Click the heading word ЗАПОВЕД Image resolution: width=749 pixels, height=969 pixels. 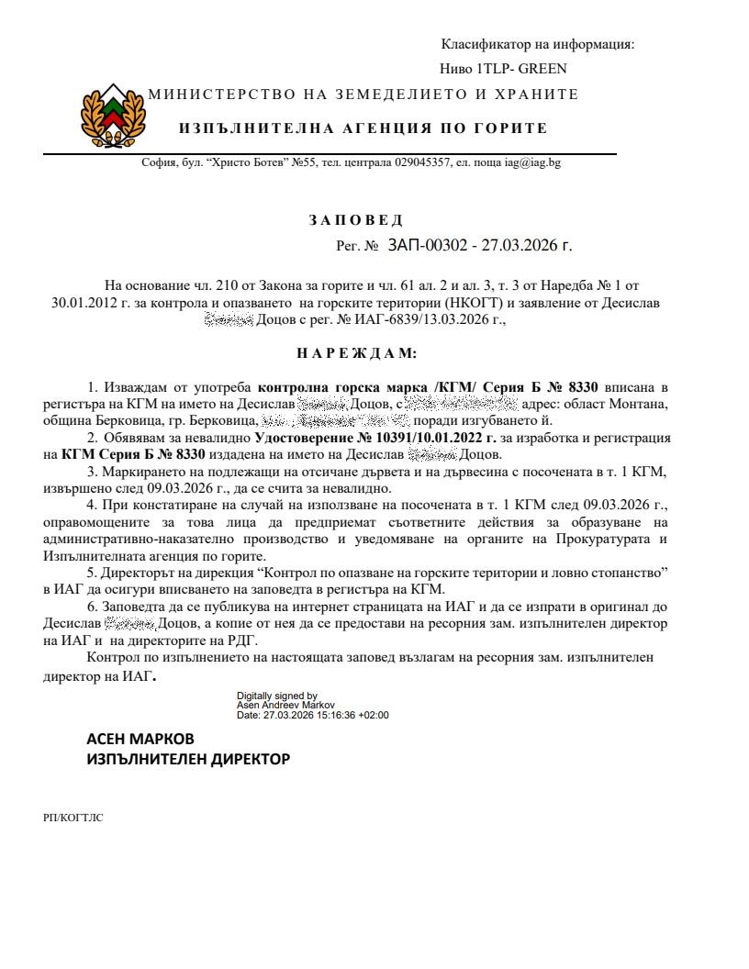(x=355, y=220)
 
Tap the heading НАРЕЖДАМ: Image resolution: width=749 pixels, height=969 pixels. (x=356, y=352)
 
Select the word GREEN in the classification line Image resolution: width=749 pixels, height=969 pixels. (x=544, y=68)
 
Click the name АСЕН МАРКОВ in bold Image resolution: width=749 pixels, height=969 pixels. (x=140, y=739)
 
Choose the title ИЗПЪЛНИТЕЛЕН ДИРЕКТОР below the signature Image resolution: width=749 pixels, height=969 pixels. (x=187, y=760)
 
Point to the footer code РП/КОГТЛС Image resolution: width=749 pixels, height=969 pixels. (x=73, y=817)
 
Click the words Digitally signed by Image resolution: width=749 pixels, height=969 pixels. (x=277, y=696)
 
